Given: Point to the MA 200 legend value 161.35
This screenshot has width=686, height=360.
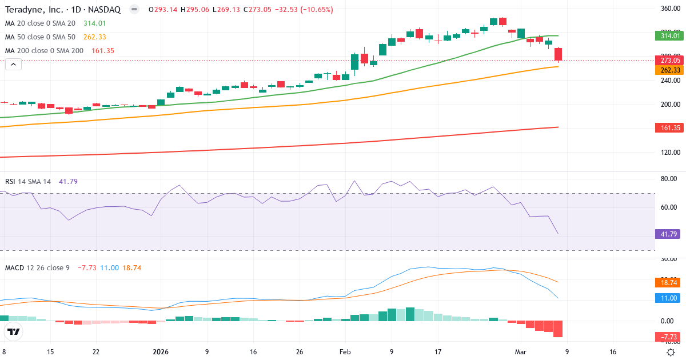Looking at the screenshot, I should tap(103, 51).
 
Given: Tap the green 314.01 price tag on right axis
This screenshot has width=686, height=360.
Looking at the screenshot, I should tap(669, 35).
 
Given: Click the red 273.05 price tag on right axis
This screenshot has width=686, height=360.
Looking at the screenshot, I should tap(669, 60).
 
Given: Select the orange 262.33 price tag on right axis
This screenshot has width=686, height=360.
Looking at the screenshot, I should tap(669, 70).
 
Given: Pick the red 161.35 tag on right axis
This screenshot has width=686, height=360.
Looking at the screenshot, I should tap(669, 127).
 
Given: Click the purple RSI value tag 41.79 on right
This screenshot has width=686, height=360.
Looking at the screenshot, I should tap(669, 234).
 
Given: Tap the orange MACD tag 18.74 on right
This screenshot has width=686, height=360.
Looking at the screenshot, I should tap(669, 282).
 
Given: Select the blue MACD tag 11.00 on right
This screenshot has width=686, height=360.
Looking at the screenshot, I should tap(669, 298).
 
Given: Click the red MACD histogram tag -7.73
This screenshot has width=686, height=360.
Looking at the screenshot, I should tap(669, 337).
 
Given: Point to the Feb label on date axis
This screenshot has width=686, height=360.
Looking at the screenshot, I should tap(345, 352).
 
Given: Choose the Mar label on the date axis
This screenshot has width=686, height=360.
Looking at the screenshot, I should tap(521, 352).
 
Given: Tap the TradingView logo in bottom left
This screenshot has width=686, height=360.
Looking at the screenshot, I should tap(14, 331).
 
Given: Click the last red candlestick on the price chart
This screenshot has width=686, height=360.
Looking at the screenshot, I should tap(558, 54).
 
